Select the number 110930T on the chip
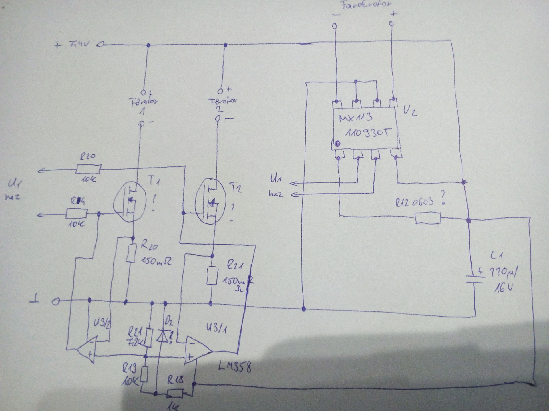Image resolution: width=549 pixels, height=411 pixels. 367,133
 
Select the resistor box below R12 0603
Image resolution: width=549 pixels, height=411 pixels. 427,219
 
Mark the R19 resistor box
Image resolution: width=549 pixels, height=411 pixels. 145,374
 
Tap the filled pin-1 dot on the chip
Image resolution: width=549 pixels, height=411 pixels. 337,144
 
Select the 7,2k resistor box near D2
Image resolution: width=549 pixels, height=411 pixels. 148,338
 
